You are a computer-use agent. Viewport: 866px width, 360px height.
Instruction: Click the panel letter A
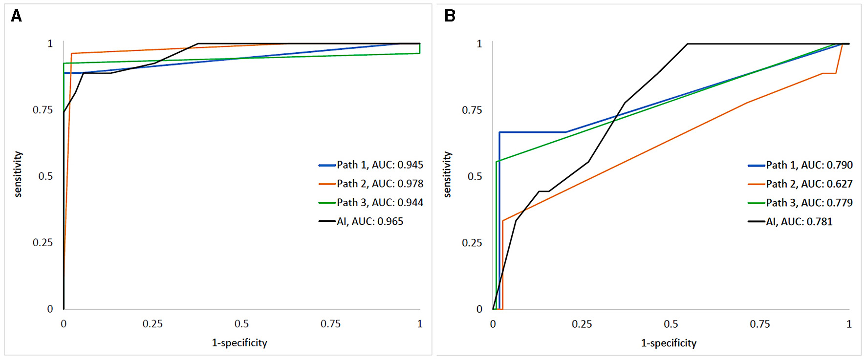point(16,16)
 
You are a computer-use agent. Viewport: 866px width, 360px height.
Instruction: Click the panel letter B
point(450,16)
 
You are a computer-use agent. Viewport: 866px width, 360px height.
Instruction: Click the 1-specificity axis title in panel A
point(239,343)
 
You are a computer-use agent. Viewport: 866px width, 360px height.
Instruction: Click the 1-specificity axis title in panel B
point(669,343)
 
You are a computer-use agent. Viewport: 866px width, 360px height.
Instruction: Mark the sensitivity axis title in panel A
point(18,174)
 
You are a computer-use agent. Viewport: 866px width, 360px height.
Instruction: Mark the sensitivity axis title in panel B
point(447,174)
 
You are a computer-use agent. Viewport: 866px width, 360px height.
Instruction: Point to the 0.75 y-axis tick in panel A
point(43,110)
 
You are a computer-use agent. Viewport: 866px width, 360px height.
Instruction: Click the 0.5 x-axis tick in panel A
point(241,324)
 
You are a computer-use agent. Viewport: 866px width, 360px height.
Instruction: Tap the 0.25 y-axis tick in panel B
point(472,243)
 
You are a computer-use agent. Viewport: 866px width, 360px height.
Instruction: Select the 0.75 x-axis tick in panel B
point(760,324)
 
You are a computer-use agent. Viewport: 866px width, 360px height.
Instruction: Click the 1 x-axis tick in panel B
point(849,324)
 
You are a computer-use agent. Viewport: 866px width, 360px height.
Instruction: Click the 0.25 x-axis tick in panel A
point(152,324)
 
